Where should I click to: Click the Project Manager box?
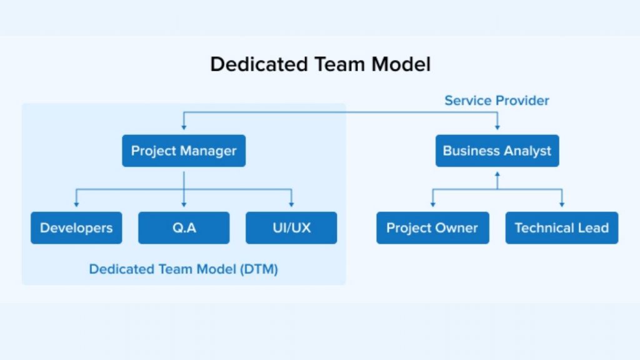[184, 151]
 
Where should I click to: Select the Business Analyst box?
[497, 151]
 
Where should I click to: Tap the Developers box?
[76, 227]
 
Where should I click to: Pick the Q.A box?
[184, 227]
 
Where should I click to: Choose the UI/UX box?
[291, 227]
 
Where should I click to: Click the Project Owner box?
[432, 227]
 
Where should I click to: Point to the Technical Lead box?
[561, 227]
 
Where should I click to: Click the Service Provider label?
[497, 101]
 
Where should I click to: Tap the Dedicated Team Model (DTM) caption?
[184, 269]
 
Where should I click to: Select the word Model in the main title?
[399, 64]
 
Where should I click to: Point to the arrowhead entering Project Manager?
[184, 127]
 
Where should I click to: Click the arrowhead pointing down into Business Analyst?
[497, 127]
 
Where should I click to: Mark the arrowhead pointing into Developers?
[76, 204]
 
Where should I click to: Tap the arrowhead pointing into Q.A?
[184, 204]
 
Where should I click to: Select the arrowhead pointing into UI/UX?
[291, 204]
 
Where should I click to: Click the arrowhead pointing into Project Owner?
[432, 204]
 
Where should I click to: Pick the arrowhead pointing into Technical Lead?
[561, 204]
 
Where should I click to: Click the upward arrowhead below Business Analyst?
[497, 175]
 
